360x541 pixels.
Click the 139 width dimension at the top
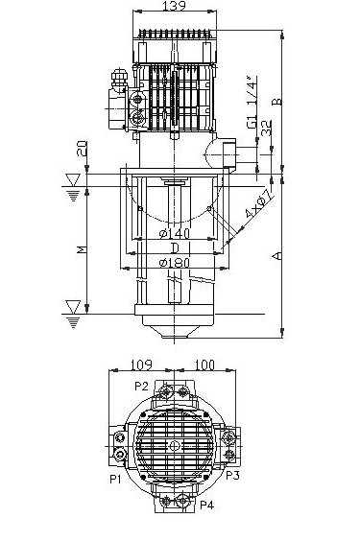[x=175, y=5]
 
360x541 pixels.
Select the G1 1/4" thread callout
[x=252, y=102]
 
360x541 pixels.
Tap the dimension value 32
[x=267, y=128]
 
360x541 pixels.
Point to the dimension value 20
[x=82, y=149]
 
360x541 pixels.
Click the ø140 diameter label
[x=175, y=234]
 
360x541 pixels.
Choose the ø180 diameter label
[x=175, y=263]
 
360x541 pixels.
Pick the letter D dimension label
[x=175, y=247]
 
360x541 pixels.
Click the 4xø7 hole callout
[x=259, y=204]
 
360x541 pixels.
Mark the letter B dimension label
[x=276, y=102]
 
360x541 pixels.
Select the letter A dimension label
[x=276, y=256]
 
